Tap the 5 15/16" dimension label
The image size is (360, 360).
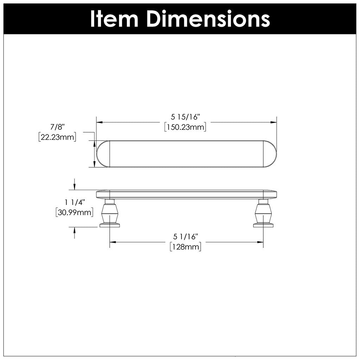tap(185, 116)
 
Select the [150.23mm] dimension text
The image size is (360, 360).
tap(185, 127)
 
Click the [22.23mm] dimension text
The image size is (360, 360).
tap(57, 137)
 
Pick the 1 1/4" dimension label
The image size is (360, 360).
tap(75, 202)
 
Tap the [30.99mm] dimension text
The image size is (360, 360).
tap(74, 212)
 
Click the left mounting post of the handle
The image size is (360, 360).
tap(109, 214)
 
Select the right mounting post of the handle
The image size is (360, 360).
tap(263, 214)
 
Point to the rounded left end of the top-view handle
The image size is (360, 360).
tap(103, 154)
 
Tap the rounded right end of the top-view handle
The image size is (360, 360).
tap(270, 154)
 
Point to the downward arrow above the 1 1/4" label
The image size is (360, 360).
tap(75, 186)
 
